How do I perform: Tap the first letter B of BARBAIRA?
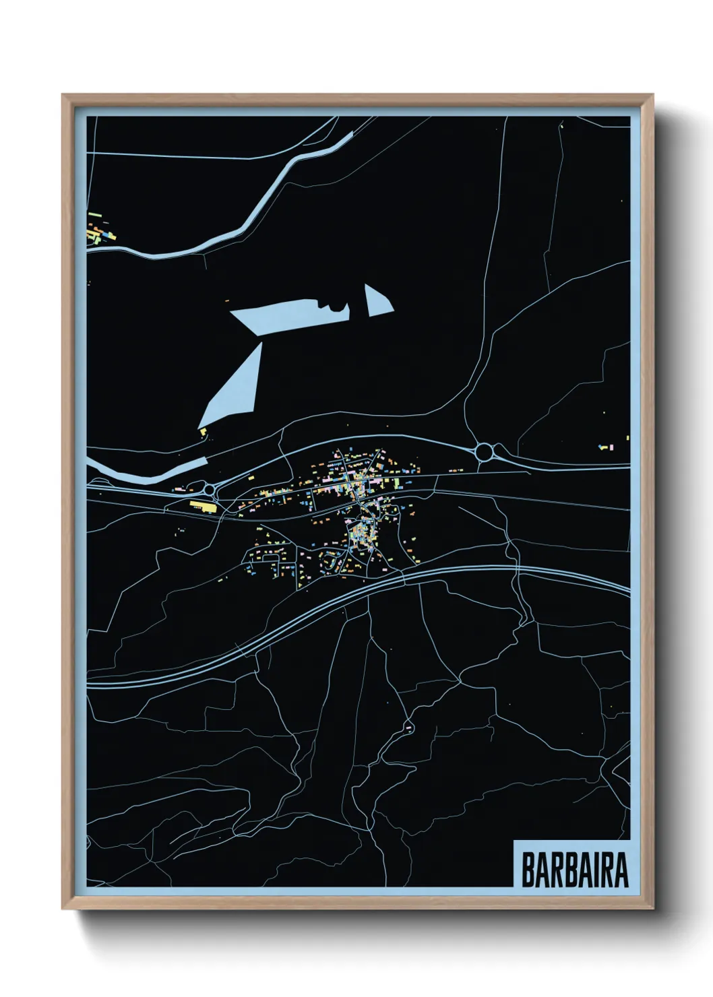pos(528,870)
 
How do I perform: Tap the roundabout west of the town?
pos(209,488)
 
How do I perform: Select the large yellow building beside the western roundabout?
pos(201,505)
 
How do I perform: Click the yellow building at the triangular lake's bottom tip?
pos(202,430)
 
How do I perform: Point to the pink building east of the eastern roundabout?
pos(604,447)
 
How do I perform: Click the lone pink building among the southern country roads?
pos(408,728)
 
